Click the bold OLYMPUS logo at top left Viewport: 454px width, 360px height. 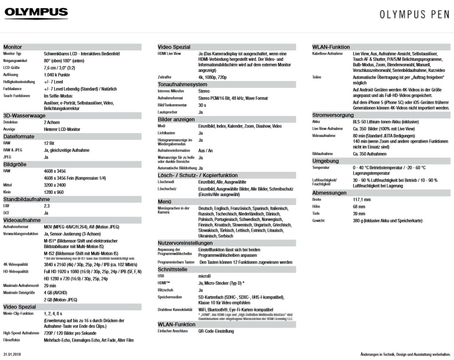click(36, 13)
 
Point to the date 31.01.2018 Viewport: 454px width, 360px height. click(15, 354)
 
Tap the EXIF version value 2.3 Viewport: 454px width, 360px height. click(46, 206)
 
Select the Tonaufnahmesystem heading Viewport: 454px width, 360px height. click(182, 84)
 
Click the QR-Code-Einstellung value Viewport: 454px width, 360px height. click(216, 331)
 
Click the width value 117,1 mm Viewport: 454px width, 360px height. click(362, 200)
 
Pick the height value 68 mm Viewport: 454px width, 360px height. click(359, 207)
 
